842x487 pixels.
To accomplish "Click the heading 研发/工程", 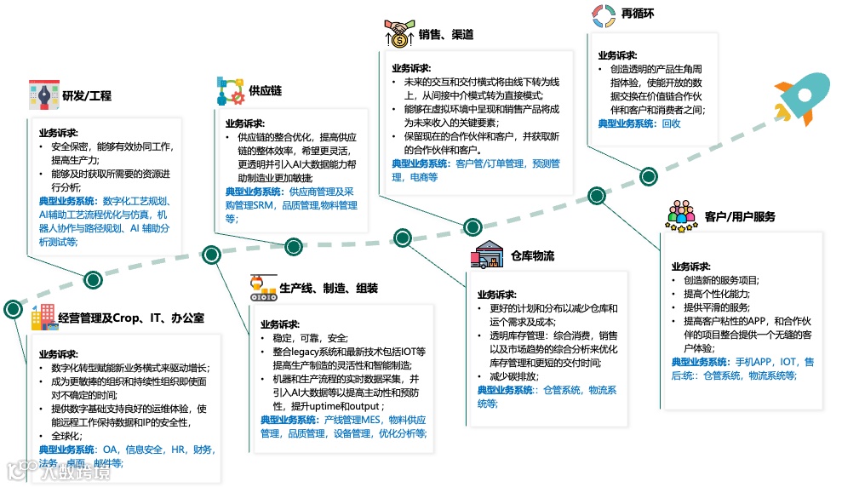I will coord(87,96).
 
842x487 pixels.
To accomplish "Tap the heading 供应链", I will coord(266,90).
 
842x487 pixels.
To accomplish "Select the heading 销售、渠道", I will coord(445,35).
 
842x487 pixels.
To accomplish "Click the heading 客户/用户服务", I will coord(740,217).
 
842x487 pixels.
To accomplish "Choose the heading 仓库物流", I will coord(533,256).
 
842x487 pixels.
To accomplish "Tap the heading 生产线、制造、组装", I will coord(329,288).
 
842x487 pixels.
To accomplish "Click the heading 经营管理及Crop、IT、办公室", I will coord(131,318).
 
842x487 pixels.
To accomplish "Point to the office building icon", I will coord(41,318).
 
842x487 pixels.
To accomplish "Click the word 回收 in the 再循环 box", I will coord(672,123).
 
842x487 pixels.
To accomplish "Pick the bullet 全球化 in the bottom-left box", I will coord(69,436).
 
